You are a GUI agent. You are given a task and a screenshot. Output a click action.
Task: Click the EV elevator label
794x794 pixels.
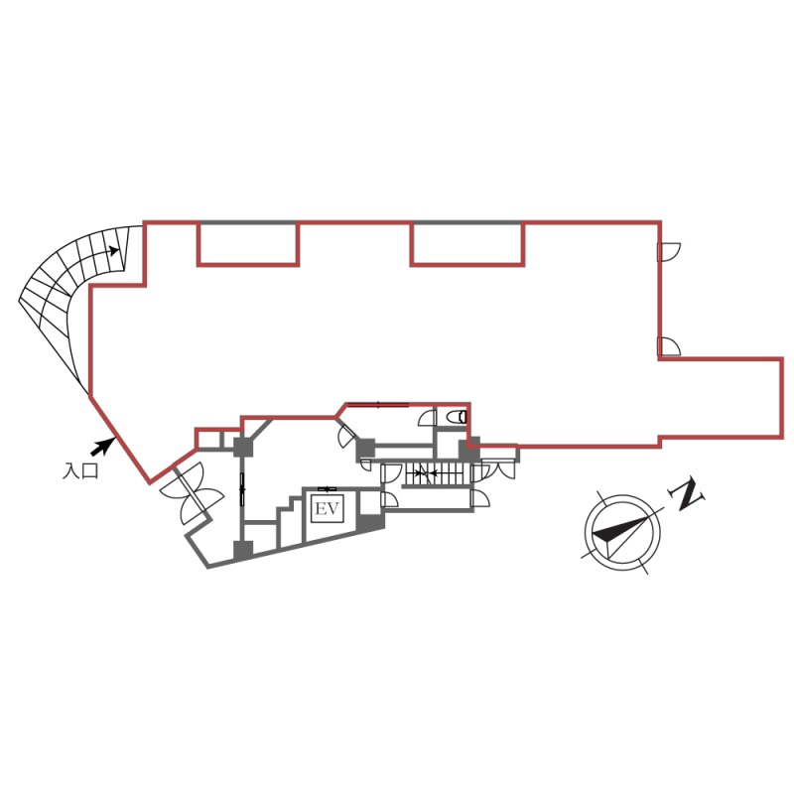(x=327, y=508)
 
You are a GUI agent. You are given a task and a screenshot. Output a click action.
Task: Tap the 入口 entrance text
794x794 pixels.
(x=80, y=470)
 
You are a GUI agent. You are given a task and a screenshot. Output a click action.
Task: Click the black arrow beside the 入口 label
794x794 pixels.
(x=102, y=446)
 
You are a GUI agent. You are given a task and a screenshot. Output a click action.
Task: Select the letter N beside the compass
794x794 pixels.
(x=686, y=494)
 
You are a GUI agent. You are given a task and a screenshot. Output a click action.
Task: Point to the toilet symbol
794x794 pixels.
(x=457, y=417)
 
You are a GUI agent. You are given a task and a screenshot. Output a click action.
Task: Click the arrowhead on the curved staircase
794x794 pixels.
(x=114, y=250)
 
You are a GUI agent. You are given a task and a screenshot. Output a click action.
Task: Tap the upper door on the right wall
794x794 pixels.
(x=669, y=252)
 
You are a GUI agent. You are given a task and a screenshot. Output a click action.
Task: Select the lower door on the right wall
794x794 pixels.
(x=669, y=346)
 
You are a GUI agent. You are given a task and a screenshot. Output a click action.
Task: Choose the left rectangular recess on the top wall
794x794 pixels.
(x=248, y=243)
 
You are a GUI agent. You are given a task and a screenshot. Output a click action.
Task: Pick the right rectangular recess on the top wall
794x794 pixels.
(x=467, y=243)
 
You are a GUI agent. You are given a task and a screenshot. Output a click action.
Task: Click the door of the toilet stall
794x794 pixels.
(x=428, y=418)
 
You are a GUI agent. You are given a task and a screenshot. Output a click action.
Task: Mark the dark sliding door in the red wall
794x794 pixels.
(x=378, y=404)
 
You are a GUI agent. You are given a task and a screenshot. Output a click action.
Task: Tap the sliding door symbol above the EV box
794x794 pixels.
(x=328, y=488)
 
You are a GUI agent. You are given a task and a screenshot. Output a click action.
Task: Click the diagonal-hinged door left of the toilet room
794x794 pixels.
(x=348, y=435)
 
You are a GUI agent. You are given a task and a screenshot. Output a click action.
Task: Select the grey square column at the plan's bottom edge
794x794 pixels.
(x=243, y=551)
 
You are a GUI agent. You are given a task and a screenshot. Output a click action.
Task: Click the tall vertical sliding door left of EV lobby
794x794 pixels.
(x=242, y=489)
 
